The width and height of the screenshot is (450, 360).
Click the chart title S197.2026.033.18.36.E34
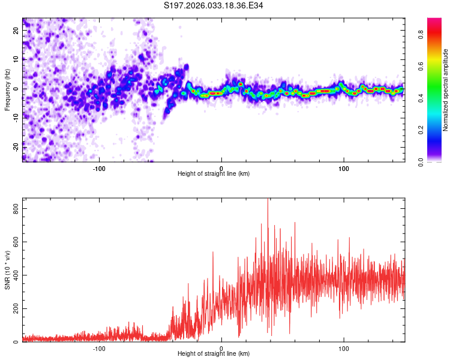[x=214, y=6]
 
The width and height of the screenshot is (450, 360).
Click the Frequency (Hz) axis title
[x=7, y=90]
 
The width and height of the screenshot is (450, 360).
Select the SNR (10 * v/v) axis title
[x=7, y=270]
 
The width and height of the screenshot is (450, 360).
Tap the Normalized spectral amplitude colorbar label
[x=445, y=90]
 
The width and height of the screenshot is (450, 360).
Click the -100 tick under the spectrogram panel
[x=99, y=167]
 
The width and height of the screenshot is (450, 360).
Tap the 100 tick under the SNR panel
[x=344, y=348]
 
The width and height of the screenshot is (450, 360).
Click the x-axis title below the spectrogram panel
[x=214, y=173]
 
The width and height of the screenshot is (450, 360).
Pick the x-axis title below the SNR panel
[x=214, y=354]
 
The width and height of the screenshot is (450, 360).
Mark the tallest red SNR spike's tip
[x=268, y=199]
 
